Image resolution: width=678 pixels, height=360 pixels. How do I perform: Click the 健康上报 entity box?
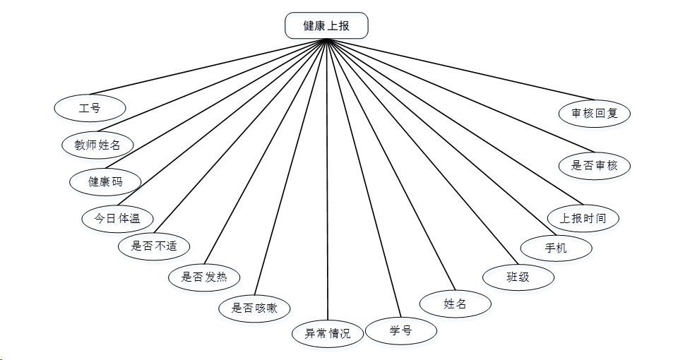coord(326,25)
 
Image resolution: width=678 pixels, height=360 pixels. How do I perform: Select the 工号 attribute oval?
coord(90,108)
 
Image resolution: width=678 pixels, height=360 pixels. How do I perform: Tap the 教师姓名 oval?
coord(97,145)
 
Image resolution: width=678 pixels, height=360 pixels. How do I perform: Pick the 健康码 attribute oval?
coord(105,181)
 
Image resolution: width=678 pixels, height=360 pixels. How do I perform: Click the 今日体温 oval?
coord(117,218)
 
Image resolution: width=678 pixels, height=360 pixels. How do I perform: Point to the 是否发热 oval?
coord(205,276)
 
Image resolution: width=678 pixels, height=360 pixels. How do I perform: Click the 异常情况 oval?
coord(328,332)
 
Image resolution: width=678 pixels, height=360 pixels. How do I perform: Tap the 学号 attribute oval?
coord(401,330)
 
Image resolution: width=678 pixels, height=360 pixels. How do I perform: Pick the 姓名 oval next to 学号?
coord(456,304)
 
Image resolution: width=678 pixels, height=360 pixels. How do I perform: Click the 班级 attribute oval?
coord(518,277)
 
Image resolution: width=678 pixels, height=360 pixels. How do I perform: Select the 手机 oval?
coord(556,248)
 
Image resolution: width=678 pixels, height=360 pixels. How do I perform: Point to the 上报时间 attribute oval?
coord(583,218)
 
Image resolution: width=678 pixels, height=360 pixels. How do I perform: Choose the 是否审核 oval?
coord(593,166)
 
